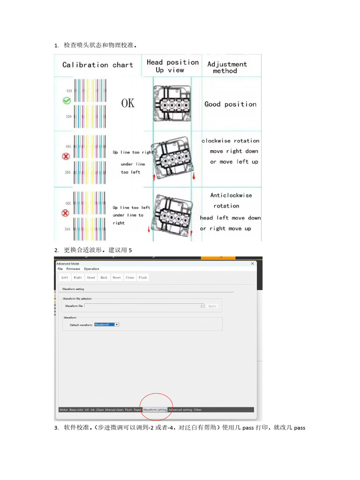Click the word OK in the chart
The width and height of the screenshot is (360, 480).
click(x=127, y=103)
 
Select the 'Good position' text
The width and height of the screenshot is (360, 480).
click(x=230, y=104)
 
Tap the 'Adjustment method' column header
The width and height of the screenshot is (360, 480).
click(x=227, y=67)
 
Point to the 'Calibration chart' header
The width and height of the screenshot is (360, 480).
click(x=97, y=65)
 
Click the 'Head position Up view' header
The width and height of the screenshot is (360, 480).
click(x=172, y=66)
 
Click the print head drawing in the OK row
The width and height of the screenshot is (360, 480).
click(x=172, y=103)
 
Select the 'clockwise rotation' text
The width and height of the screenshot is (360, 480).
click(x=230, y=141)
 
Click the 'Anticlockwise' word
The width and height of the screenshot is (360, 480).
click(x=231, y=195)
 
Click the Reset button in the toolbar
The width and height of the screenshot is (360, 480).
click(x=117, y=277)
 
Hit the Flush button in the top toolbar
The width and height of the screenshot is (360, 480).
click(x=142, y=277)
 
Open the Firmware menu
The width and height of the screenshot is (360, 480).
click(x=73, y=269)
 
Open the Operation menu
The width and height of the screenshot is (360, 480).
click(x=91, y=269)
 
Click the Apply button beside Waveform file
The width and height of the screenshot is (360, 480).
click(x=212, y=306)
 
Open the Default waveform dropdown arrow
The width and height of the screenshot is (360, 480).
click(x=117, y=324)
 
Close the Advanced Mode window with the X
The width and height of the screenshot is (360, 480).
click(x=253, y=264)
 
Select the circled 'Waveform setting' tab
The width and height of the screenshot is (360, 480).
click(x=155, y=410)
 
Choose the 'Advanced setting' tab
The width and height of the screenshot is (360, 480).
click(x=180, y=410)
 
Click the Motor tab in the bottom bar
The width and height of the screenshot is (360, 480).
click(x=64, y=410)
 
